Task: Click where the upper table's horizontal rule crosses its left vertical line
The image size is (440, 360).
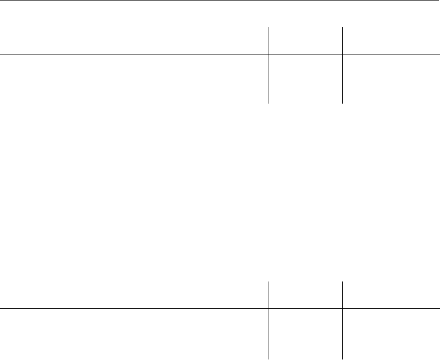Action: pyautogui.click(x=268, y=54)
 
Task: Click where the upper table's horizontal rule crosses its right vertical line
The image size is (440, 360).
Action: pyautogui.click(x=342, y=54)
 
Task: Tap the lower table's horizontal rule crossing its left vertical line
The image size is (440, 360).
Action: pyautogui.click(x=268, y=308)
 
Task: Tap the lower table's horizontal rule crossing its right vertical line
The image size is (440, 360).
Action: pyautogui.click(x=342, y=308)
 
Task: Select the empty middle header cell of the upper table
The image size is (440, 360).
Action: pyautogui.click(x=305, y=41)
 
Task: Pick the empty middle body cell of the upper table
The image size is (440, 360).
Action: pyautogui.click(x=305, y=79)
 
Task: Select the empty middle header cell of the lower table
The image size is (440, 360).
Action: pyautogui.click(x=305, y=295)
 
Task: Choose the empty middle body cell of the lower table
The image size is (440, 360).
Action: pyautogui.click(x=305, y=333)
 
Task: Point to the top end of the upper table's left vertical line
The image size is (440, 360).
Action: pyautogui.click(x=268, y=27)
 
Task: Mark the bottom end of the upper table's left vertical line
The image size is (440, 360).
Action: pyautogui.click(x=268, y=103)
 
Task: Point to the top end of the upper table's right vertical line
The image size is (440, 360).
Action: pyautogui.click(x=342, y=27)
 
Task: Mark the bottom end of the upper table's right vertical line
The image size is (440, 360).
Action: pyautogui.click(x=342, y=103)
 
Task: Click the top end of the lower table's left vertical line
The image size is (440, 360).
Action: pyautogui.click(x=268, y=281)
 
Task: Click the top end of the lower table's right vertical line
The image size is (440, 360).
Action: pyautogui.click(x=342, y=281)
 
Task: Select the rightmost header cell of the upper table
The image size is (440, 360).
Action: pyautogui.click(x=391, y=41)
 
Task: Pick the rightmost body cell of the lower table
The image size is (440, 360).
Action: pyautogui.click(x=391, y=333)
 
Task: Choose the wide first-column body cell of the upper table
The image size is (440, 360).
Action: pyautogui.click(x=133, y=79)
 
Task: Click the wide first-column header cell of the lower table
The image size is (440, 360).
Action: pyautogui.click(x=133, y=295)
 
